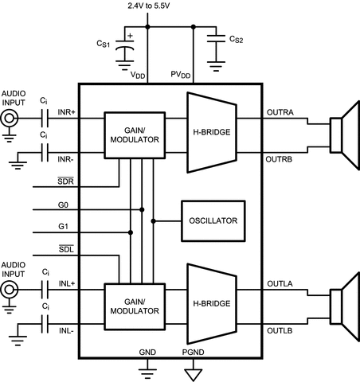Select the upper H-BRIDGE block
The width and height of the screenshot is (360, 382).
pos(211,132)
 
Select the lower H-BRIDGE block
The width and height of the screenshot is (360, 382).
pos(211,304)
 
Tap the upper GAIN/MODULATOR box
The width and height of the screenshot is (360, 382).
pos(131,134)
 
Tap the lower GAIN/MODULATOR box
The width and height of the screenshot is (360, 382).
pos(131,306)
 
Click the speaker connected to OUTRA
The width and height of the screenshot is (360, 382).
pos(342,133)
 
